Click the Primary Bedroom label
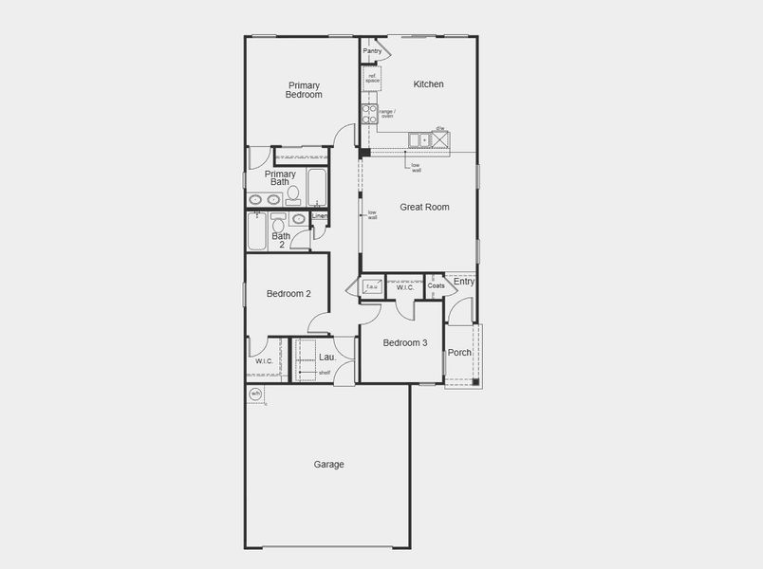click(x=305, y=90)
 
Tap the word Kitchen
click(x=428, y=84)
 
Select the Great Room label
click(x=424, y=207)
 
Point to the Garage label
click(x=329, y=465)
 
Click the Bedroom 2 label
click(x=288, y=294)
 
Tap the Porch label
click(x=459, y=353)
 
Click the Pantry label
click(x=372, y=51)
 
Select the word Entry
click(x=464, y=282)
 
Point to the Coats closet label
click(x=436, y=285)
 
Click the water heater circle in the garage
click(x=255, y=394)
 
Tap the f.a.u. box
click(x=372, y=285)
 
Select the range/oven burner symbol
click(x=369, y=115)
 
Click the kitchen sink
click(x=419, y=140)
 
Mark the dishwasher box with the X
click(x=440, y=140)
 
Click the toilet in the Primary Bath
click(x=293, y=195)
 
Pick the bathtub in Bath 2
click(x=256, y=230)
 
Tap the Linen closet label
click(x=320, y=216)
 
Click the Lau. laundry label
click(x=326, y=357)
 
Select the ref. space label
click(x=373, y=79)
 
